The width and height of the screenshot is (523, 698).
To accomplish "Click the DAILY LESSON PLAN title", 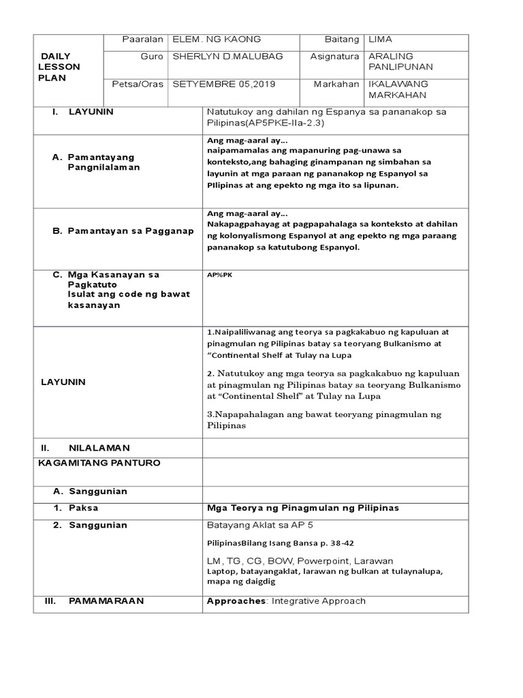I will (61, 67).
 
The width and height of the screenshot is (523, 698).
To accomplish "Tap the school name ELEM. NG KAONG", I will (217, 39).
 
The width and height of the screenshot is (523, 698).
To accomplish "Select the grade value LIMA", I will (380, 39).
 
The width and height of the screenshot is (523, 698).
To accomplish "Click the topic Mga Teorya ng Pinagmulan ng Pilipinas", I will (302, 508).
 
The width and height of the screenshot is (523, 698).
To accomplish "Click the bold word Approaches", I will (236, 601).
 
